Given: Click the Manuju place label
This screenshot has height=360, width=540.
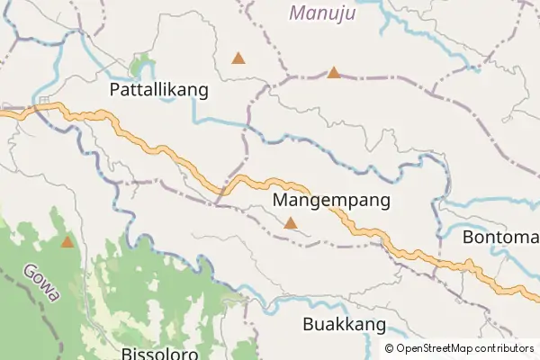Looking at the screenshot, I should pos(323,13).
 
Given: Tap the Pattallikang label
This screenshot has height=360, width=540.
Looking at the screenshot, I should pos(158,90).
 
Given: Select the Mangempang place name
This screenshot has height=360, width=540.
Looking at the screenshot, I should pos(331,201).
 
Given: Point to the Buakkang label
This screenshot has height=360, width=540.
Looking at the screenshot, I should pos(345,325).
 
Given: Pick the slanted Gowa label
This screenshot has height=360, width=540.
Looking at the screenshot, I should pos(41,282).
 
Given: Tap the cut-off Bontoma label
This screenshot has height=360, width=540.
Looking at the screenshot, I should pos(500,238).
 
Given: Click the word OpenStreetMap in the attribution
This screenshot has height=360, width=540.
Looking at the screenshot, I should pos(433,348).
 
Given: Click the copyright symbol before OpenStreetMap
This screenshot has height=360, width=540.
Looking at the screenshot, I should pos(389,348).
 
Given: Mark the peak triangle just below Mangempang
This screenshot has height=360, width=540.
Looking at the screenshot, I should pos(290,222).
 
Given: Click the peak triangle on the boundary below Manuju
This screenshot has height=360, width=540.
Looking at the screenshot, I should pos(334,72).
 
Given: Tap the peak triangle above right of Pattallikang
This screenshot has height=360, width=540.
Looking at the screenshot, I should pos(238,58).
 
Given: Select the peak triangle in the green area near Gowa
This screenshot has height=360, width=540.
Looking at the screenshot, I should pos(67,241).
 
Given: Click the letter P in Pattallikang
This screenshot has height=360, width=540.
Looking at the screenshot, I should pos(114,90).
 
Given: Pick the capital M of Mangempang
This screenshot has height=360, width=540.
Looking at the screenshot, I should pos(279,201).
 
